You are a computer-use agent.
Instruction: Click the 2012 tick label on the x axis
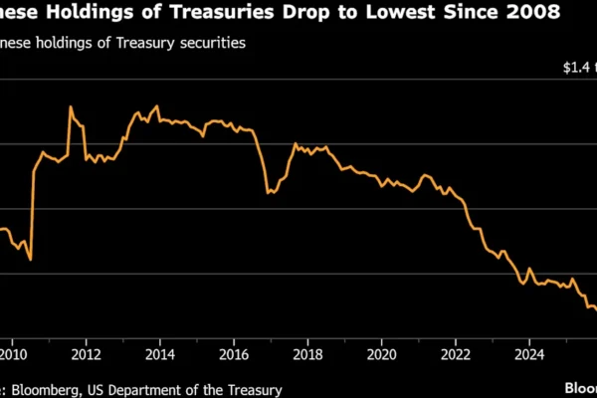[87, 352]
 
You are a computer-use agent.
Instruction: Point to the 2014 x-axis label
[160, 352]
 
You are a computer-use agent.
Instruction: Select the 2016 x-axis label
[234, 352]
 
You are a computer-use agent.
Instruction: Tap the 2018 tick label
[308, 352]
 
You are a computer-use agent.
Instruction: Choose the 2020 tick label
[382, 352]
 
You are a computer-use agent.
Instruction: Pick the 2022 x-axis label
[456, 352]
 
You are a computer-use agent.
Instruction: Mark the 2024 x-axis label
[529, 352]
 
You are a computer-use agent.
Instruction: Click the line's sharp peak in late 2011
[71, 107]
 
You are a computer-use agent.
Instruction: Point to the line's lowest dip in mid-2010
[31, 260]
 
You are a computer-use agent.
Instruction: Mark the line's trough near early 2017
[269, 192]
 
